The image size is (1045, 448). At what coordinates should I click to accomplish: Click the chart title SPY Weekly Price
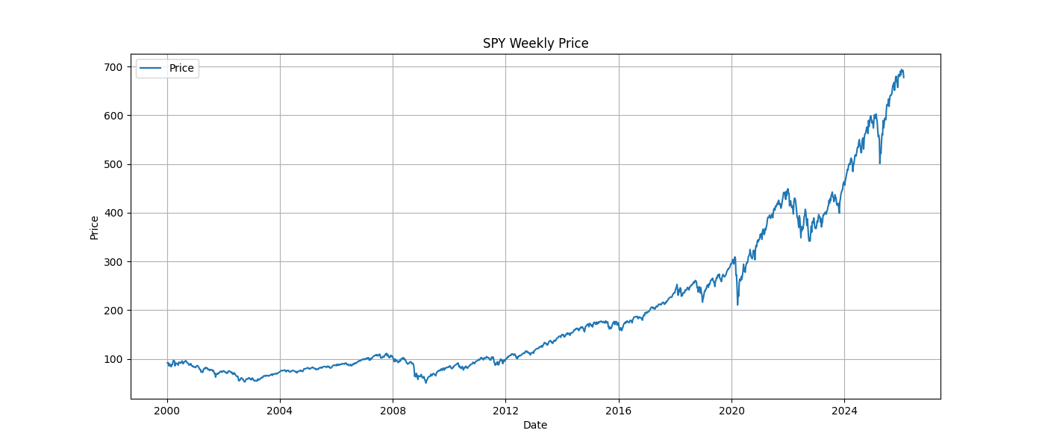tap(535, 43)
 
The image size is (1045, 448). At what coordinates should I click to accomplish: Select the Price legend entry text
tap(181, 68)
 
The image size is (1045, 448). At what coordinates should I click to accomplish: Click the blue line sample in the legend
tap(152, 68)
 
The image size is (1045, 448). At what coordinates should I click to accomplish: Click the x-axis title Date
tap(535, 425)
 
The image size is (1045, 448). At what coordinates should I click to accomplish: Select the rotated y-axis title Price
tap(94, 227)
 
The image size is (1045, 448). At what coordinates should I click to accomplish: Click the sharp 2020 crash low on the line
tap(737, 304)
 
